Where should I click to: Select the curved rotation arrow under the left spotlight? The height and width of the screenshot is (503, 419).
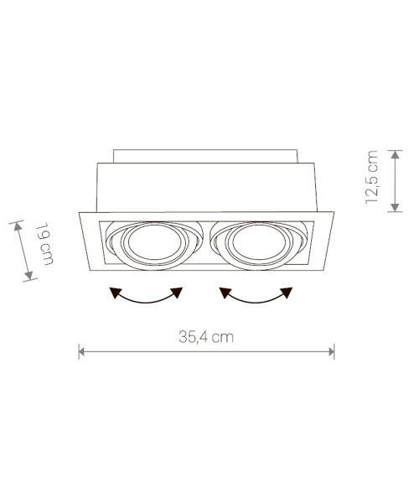tap(147, 296)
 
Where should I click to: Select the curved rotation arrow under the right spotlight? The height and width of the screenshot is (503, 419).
tap(256, 296)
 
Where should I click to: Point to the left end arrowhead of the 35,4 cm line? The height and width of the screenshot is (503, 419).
tap(81, 350)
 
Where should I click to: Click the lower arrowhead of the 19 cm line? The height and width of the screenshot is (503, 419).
tap(29, 277)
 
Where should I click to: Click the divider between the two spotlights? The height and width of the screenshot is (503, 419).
tap(206, 243)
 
